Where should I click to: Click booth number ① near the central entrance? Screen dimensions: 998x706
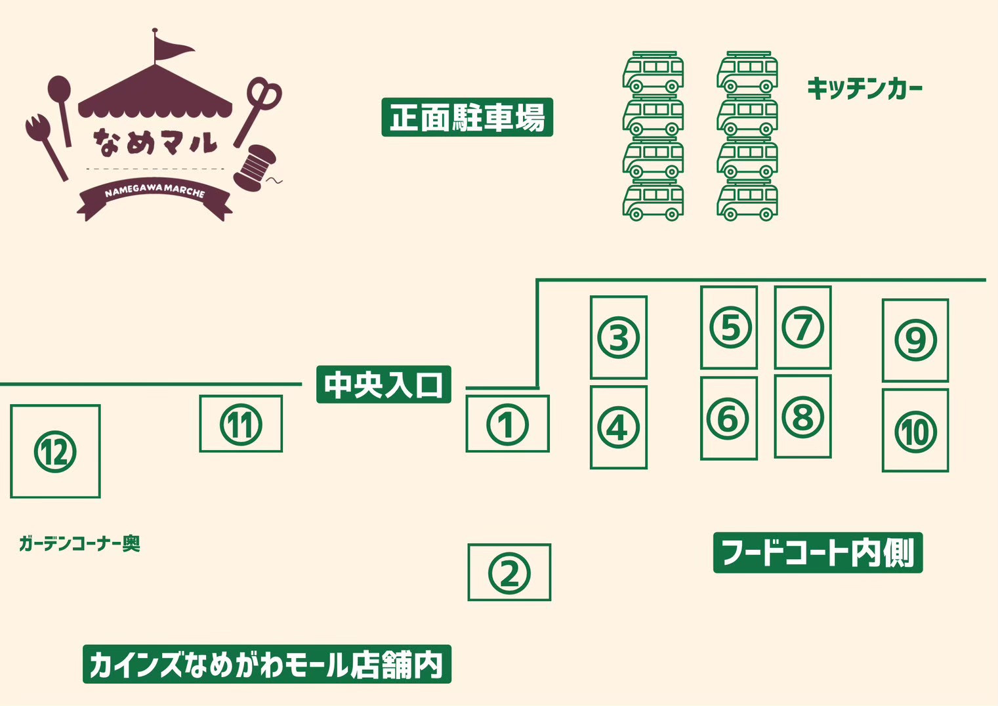point(507,424)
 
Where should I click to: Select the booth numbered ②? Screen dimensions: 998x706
point(509,572)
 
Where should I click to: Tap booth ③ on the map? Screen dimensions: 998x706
point(618,338)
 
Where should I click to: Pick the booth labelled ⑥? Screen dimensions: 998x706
point(729,418)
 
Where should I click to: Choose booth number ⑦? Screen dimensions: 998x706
point(803,328)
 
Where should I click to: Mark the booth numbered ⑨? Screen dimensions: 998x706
point(915,341)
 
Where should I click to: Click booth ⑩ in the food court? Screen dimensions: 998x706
point(915,430)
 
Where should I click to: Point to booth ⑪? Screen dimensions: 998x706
point(241,424)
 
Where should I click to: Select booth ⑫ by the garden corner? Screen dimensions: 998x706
point(55,451)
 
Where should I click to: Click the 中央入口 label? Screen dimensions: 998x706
point(384,385)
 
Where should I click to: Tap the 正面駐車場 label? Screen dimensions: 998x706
point(467,117)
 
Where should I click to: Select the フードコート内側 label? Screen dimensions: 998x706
point(818,552)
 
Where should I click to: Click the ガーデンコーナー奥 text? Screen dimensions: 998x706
point(80,544)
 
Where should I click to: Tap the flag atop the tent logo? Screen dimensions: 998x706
point(171,45)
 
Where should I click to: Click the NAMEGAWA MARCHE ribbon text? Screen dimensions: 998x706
point(155,192)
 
